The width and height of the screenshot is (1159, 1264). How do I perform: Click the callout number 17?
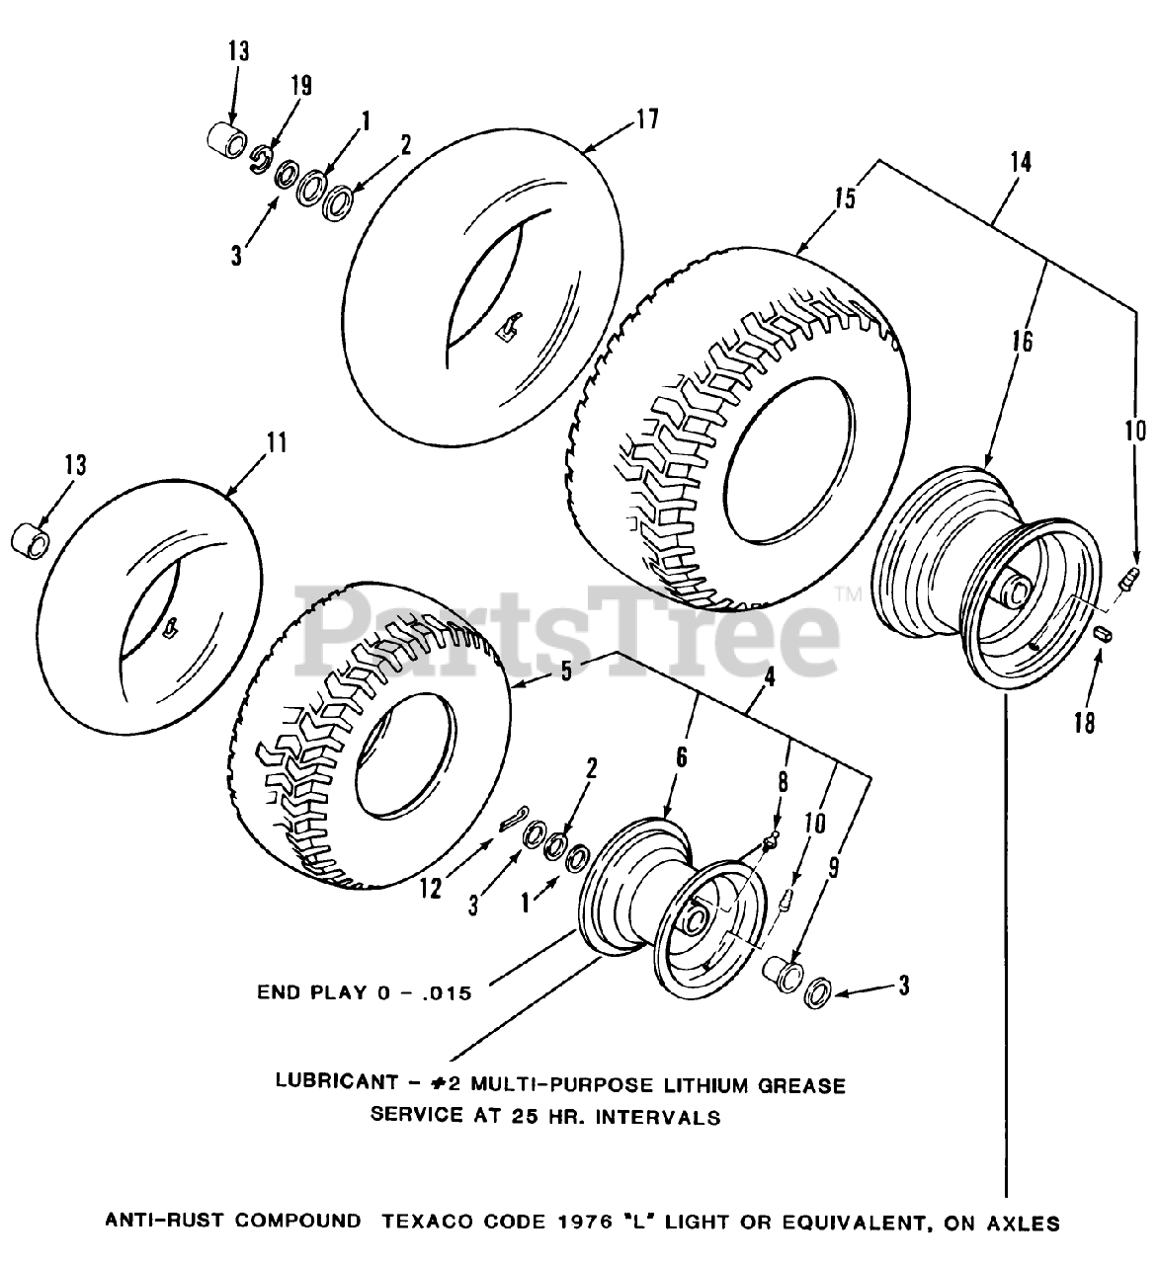[x=646, y=119]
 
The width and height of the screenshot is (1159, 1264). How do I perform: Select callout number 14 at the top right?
[x=1021, y=162]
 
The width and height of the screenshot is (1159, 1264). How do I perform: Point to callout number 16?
[x=1021, y=342]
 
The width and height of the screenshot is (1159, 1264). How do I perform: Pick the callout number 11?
[x=277, y=441]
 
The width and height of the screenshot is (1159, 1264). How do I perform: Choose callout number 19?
[x=300, y=86]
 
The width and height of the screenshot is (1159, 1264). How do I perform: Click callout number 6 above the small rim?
[x=681, y=757]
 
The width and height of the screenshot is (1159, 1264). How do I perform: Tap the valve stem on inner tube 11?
[x=170, y=626]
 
